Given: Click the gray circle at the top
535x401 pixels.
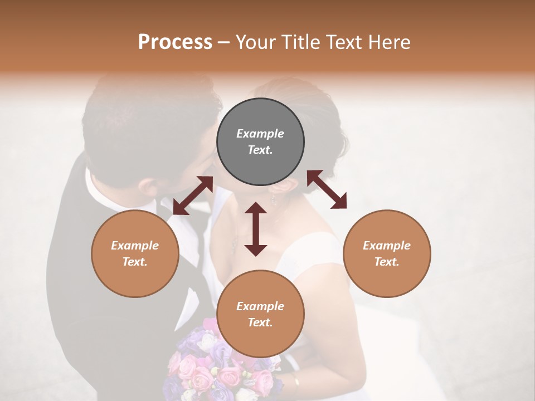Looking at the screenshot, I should click(260, 142).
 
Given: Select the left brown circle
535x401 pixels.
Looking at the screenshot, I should click(135, 253).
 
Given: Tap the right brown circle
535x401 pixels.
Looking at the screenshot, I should click(387, 253).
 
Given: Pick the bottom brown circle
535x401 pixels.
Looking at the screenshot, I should click(260, 314).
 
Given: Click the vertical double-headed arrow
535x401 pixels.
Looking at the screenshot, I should click(256, 229).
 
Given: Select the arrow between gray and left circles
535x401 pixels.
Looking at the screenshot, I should click(193, 195).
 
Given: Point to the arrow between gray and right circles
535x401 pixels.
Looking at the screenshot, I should click(327, 189).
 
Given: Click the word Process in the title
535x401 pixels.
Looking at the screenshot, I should click(175, 42).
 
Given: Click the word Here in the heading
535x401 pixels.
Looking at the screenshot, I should click(390, 42).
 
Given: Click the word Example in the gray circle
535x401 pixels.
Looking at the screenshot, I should click(260, 134).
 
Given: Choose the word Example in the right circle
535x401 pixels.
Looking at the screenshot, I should click(387, 246).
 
